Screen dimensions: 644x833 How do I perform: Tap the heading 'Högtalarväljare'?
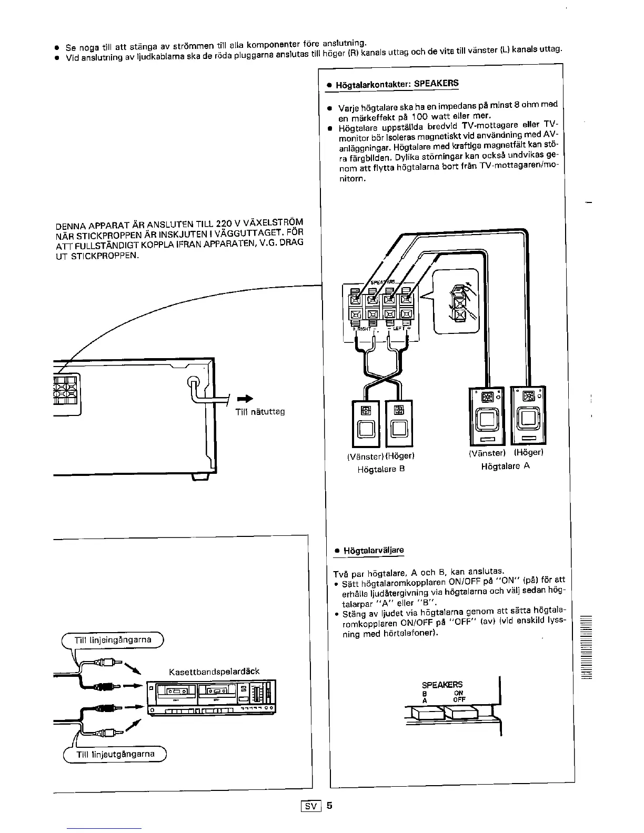click(x=374, y=551)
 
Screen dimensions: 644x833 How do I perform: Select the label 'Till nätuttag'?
click(x=259, y=412)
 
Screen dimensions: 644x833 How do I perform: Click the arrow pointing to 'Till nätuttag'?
click(x=245, y=398)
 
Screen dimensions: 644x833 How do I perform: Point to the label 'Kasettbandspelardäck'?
click(x=214, y=672)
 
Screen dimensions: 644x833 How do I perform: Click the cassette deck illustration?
click(x=211, y=697)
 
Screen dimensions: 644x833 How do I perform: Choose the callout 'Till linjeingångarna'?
click(x=113, y=639)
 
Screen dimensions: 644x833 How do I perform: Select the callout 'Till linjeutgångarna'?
click(x=115, y=754)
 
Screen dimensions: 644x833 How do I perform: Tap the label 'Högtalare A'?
click(x=505, y=466)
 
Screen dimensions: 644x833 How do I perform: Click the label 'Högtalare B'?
click(x=381, y=469)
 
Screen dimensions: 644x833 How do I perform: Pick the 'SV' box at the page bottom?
click(x=310, y=806)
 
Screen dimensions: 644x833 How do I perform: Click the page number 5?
click(x=329, y=805)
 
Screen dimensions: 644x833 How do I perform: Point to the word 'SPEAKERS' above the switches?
click(x=442, y=684)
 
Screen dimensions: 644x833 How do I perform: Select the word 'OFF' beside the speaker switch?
click(x=459, y=699)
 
